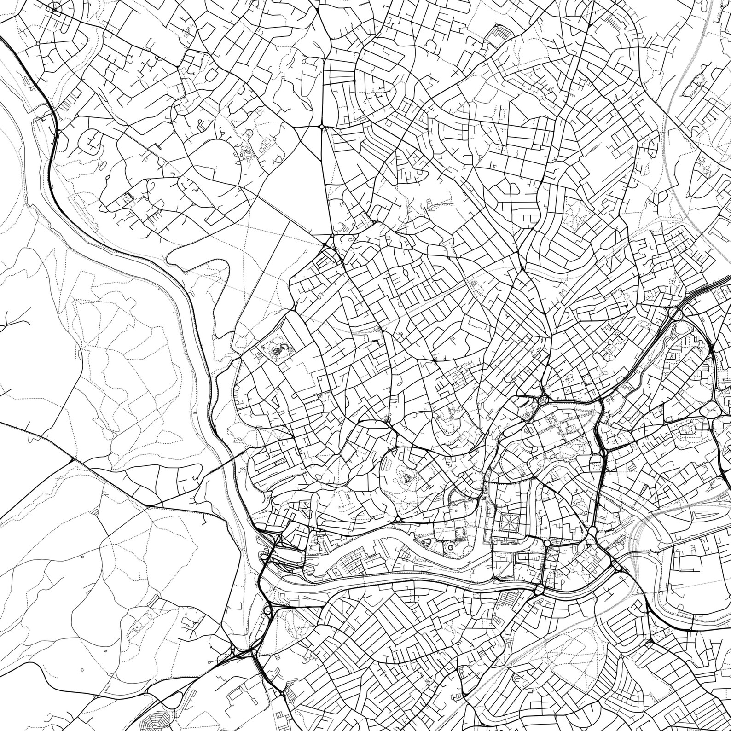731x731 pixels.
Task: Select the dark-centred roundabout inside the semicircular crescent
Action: tap(54, 9)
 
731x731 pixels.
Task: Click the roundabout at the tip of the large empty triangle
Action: tap(321, 126)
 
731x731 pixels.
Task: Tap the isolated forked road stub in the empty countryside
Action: tap(8, 322)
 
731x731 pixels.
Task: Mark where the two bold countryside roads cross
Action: tap(72, 459)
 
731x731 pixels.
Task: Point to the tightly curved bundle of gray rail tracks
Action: tap(644, 520)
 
